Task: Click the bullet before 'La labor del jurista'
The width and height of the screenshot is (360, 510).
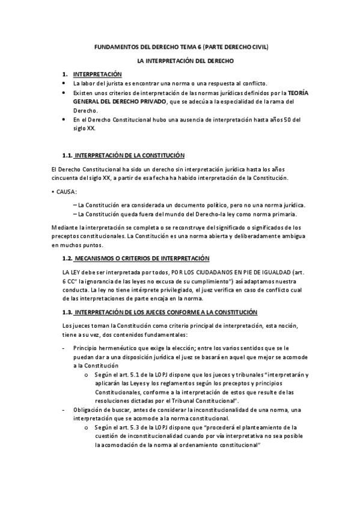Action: tap(64, 83)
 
